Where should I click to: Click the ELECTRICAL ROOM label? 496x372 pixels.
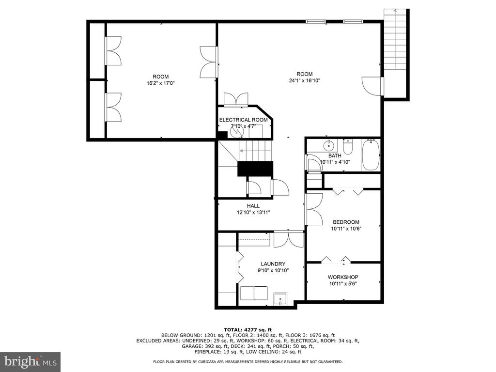(243, 120)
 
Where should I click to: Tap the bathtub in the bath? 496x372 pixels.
(371, 155)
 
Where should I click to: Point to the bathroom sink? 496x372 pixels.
(329, 145)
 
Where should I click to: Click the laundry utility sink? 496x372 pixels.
(280, 299)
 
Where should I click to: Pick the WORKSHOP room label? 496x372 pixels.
(343, 277)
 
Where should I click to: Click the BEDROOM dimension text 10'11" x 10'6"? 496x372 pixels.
(346, 229)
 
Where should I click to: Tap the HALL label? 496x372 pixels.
(253, 206)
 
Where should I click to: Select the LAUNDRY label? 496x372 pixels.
(273, 264)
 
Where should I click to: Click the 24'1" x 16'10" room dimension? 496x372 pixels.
(305, 81)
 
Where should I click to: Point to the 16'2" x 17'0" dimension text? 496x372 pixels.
(161, 83)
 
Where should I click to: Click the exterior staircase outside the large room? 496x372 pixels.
(395, 40)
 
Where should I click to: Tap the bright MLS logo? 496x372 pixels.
(31, 361)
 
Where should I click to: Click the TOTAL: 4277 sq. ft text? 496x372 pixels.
(248, 329)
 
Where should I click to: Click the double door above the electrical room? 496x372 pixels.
(236, 99)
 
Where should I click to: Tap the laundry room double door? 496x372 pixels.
(289, 239)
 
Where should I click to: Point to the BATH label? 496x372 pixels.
(335, 155)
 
